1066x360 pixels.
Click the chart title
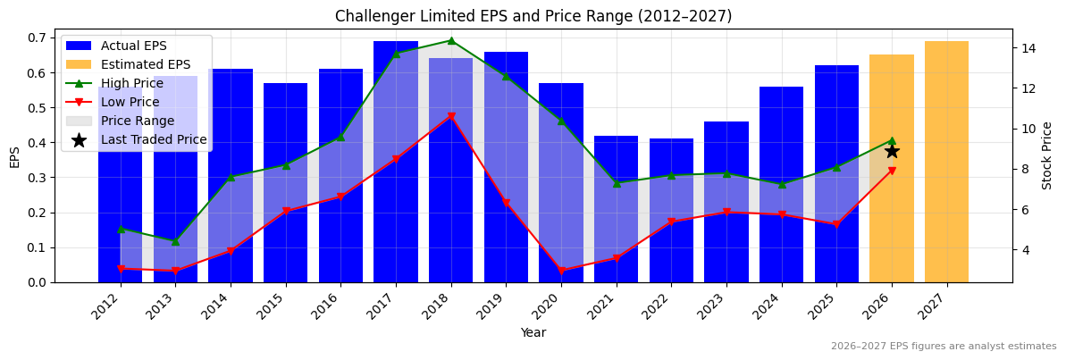pyautogui.click(x=533, y=16)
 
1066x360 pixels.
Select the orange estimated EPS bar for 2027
pyautogui.click(x=946, y=161)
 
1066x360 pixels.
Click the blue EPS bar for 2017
pyautogui.click(x=396, y=161)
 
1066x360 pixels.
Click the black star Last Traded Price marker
pyautogui.click(x=892, y=151)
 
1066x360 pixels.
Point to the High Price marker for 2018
pyautogui.click(x=451, y=40)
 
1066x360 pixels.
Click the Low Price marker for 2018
pyautogui.click(x=451, y=116)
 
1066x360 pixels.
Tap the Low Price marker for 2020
pyautogui.click(x=561, y=271)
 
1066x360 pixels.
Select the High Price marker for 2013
pyautogui.click(x=175, y=241)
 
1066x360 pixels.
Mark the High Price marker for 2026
pyautogui.click(x=892, y=140)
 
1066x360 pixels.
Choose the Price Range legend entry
pyautogui.click(x=138, y=121)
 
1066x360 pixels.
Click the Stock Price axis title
pyautogui.click(x=1047, y=155)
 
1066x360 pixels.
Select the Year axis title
pyautogui.click(x=533, y=332)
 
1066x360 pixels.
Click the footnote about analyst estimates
pyautogui.click(x=944, y=347)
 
